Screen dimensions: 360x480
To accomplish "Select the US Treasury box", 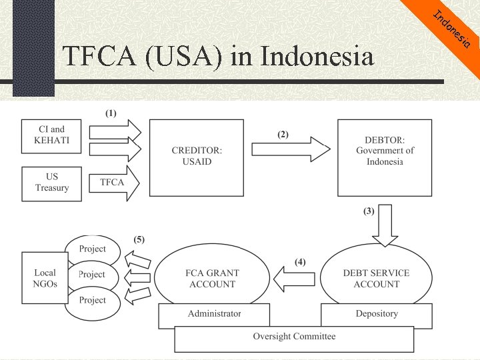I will pos(52,183).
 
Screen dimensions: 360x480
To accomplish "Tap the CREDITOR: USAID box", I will pos(197,157).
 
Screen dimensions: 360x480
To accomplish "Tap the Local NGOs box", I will pos(45,278).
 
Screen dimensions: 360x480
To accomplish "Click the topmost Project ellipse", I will pos(93,250).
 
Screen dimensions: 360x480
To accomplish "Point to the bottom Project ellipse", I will pos(93,301).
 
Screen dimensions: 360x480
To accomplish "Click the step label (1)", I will pos(111,113).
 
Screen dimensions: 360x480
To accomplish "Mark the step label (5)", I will pos(139,239).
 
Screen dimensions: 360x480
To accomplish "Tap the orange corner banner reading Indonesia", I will pos(453,30).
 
